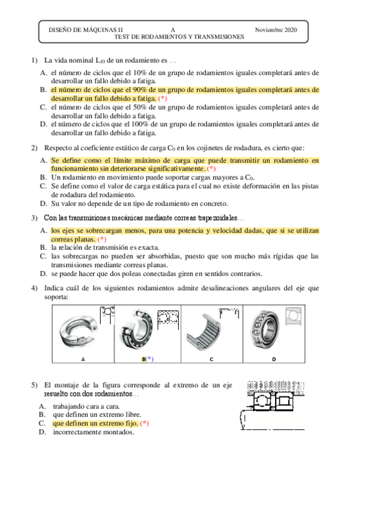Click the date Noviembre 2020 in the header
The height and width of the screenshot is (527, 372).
tap(276, 30)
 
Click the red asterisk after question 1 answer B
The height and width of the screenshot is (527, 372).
tap(163, 99)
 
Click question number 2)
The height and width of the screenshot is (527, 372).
tap(34, 148)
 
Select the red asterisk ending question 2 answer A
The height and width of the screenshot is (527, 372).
tap(211, 168)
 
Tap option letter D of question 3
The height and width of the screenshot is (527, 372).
tap(43, 273)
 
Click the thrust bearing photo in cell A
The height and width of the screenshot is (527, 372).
tap(79, 332)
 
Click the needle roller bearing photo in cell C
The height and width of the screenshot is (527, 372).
tap(204, 332)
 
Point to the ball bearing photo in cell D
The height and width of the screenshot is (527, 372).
tap(265, 328)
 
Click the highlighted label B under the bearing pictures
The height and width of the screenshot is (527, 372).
tap(143, 359)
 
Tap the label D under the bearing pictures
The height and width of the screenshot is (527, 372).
tap(274, 359)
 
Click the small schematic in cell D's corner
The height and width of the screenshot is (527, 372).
tap(293, 316)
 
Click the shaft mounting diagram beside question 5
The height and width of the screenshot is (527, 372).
tap(272, 405)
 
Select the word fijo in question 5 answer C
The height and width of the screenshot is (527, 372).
tap(131, 423)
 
